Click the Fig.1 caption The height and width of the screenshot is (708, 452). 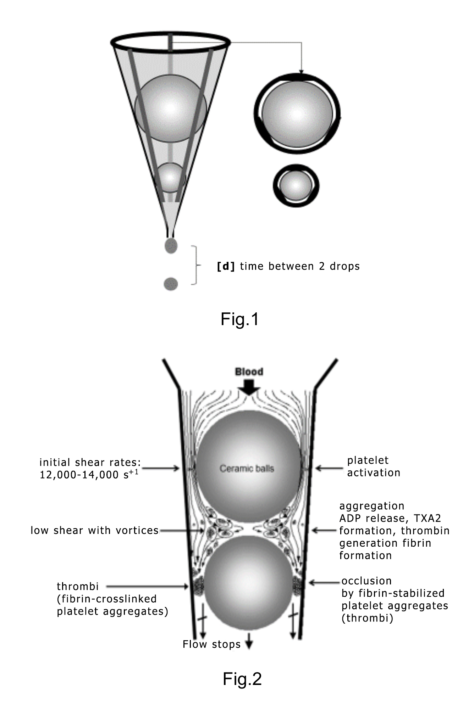[240, 319]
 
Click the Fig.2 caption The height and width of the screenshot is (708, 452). [242, 679]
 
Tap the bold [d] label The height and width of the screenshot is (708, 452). [226, 266]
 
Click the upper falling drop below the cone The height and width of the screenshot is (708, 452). [171, 245]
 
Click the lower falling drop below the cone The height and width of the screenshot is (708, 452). [171, 284]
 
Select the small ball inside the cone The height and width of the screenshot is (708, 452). [171, 178]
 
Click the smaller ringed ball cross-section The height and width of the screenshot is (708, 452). [296, 186]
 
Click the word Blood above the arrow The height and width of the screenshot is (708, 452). [249, 372]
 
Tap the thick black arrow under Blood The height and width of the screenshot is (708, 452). [249, 387]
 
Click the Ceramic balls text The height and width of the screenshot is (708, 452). [247, 469]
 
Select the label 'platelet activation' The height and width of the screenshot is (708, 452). [373, 466]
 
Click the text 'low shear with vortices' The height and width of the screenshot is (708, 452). [94, 530]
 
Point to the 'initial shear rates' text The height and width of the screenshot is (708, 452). [90, 468]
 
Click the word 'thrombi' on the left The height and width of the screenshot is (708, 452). [78, 586]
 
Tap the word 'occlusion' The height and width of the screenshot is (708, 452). [366, 581]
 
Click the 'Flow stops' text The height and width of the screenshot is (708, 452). [212, 644]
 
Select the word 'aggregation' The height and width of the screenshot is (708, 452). [372, 506]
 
